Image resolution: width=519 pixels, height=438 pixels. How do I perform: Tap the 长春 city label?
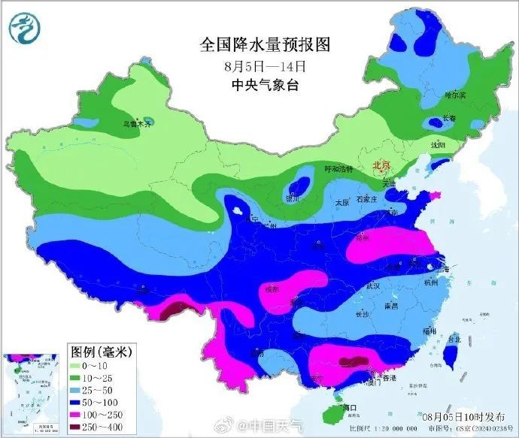(448, 117)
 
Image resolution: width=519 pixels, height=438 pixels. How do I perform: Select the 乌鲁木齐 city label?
(138, 125)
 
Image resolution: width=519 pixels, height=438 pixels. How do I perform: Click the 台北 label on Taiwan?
(454, 340)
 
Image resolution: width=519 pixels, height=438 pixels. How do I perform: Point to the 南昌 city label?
(390, 307)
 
